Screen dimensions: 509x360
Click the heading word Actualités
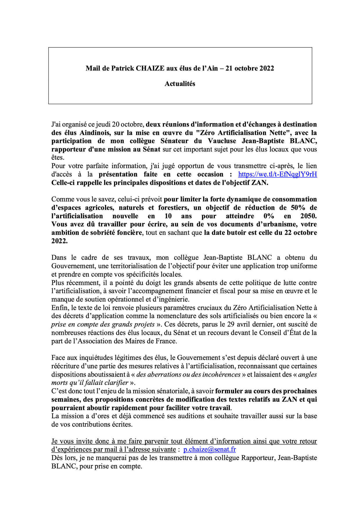pyautogui.click(x=180, y=84)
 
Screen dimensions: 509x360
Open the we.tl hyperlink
pyautogui.click(x=277, y=174)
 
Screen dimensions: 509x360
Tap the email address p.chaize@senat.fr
pyautogui.click(x=209, y=450)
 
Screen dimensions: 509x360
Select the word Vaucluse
pyautogui.click(x=222, y=141)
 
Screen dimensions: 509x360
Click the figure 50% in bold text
pyautogui.click(x=298, y=208)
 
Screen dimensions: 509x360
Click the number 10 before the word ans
pyautogui.click(x=168, y=216)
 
